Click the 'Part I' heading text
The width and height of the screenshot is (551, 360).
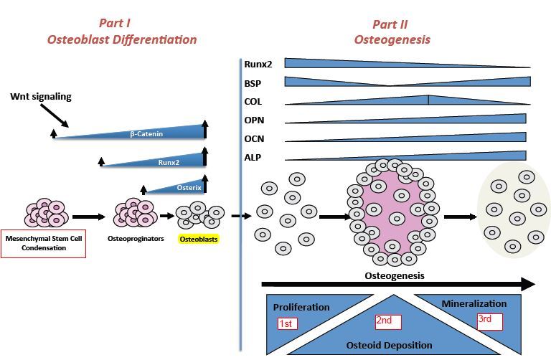point(121,24)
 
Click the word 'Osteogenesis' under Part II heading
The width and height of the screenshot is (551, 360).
point(392,39)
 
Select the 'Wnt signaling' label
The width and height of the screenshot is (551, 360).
point(41,96)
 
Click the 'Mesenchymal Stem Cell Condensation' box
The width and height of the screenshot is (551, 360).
point(44,243)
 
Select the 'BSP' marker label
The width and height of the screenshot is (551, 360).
point(253,82)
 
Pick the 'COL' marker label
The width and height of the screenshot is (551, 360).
point(253,101)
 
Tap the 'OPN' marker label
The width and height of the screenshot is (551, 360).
point(253,120)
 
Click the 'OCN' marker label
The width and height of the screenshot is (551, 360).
point(253,138)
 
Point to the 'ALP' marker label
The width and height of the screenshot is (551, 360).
point(253,157)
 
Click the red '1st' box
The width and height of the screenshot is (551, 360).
point(287,324)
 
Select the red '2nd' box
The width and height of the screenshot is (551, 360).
point(387,321)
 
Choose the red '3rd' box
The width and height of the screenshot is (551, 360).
point(489,321)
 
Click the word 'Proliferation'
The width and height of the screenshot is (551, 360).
point(301,307)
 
